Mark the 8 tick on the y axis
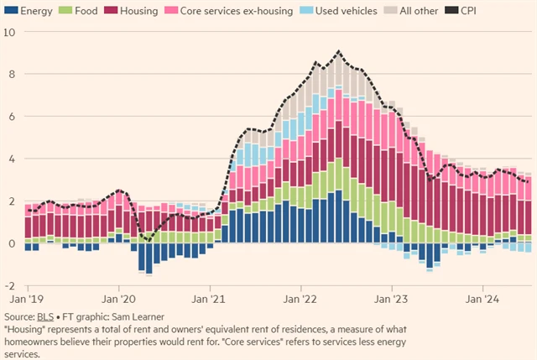pyautogui.click(x=11, y=74)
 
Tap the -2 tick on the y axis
pyautogui.click(x=9, y=286)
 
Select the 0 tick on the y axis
pyautogui.click(x=11, y=243)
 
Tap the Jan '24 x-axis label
pyautogui.click(x=484, y=298)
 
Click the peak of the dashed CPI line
pyautogui.click(x=338, y=52)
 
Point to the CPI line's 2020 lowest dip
pyautogui.click(x=148, y=241)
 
